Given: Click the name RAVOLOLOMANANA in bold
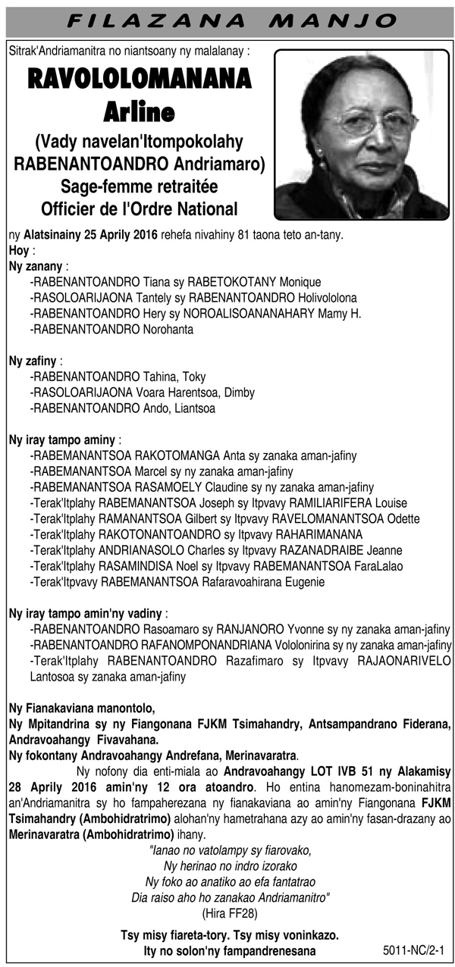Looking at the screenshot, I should coord(139,81).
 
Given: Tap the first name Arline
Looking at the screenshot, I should coord(139,112).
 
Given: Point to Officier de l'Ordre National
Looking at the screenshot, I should coord(139,208).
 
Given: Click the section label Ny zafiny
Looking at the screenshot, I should coord(34,361).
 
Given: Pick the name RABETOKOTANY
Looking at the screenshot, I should coord(233,282).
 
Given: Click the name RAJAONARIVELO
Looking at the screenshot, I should coord(401,661).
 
